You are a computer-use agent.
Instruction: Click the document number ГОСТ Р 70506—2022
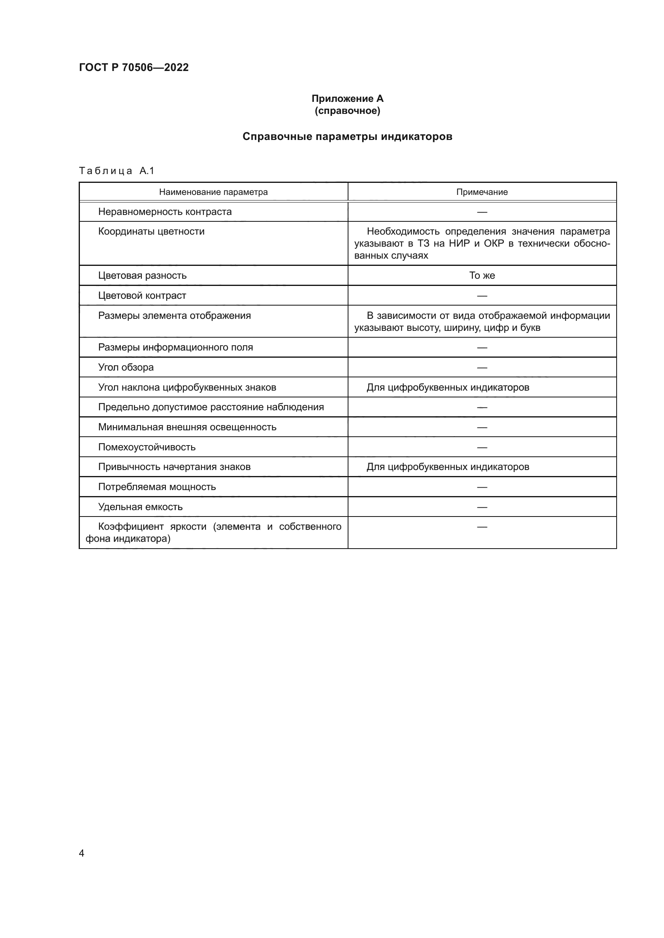click(134, 67)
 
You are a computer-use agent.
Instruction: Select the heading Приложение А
click(347, 99)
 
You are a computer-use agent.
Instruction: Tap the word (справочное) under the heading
click(347, 111)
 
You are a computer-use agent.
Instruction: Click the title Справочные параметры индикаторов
click(347, 136)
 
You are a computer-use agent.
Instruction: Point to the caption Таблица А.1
click(116, 171)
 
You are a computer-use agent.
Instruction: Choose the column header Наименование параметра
click(213, 192)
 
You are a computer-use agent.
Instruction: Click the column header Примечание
click(482, 192)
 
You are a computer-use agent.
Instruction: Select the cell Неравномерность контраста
click(165, 212)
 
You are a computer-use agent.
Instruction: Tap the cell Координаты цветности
click(151, 232)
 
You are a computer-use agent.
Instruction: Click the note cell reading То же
click(482, 276)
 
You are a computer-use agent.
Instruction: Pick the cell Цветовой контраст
click(142, 296)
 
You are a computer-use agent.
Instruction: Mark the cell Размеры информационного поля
click(175, 347)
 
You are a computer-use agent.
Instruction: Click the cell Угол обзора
click(126, 367)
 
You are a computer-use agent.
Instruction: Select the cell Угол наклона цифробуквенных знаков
click(187, 387)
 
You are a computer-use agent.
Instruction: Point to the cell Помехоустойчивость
click(147, 447)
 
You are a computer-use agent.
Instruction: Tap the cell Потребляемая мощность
click(157, 487)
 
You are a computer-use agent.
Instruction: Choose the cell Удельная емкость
click(140, 507)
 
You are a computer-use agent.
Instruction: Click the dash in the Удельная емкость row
click(482, 507)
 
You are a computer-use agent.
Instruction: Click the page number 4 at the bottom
click(81, 853)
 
